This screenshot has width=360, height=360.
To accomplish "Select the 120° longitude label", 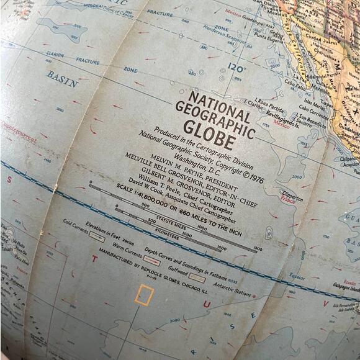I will [x=236, y=67].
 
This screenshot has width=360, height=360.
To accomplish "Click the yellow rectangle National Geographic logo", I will [x=144, y=295].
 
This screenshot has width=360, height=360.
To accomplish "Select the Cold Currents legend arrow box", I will [x=97, y=236].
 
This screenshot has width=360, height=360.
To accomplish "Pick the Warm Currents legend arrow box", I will [x=151, y=261].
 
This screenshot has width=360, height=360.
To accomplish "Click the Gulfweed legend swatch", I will [x=197, y=278].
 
